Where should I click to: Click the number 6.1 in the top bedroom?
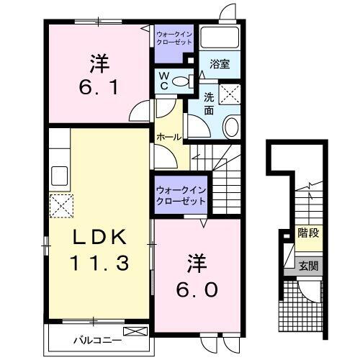(100, 91)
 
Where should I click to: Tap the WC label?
(164, 81)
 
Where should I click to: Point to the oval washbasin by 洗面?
(231, 128)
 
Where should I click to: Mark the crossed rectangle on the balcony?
(133, 331)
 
